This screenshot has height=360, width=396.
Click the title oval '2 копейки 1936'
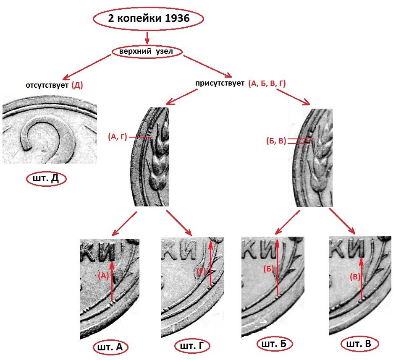(148, 19)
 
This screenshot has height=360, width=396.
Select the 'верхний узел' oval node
(148, 52)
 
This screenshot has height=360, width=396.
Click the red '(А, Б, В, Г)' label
(267, 83)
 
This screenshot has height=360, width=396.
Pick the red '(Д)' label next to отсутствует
(77, 85)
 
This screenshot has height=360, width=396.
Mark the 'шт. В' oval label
(358, 344)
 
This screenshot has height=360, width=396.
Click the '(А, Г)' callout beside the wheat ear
(117, 136)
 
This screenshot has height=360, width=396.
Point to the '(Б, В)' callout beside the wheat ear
(276, 141)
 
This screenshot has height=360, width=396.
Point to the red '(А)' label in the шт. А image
(103, 276)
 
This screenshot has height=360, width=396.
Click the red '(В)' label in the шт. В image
(355, 277)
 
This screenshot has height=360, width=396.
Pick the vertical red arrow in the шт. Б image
(278, 269)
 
